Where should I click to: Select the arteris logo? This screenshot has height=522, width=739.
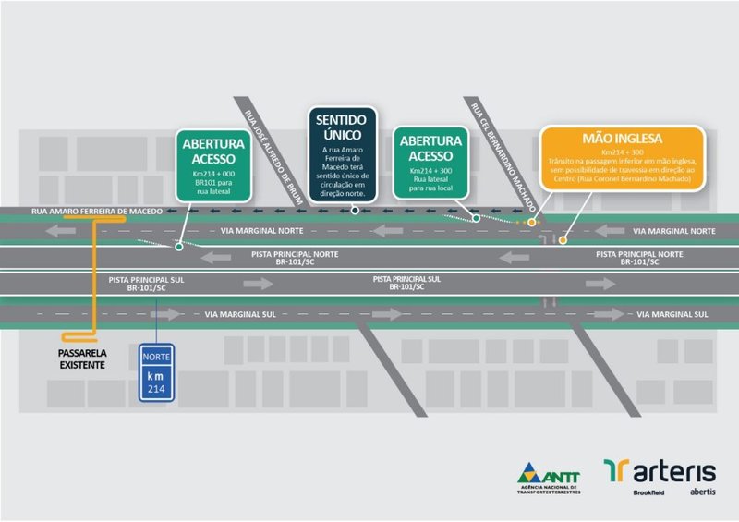[x=660, y=471]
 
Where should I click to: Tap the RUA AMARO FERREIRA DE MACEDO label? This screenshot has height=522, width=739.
[x=96, y=212]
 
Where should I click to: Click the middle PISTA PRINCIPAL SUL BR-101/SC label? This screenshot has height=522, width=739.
[x=398, y=283]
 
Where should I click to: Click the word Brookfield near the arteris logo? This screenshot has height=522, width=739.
[x=652, y=492]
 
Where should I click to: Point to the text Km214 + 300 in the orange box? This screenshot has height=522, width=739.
[x=624, y=151]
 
